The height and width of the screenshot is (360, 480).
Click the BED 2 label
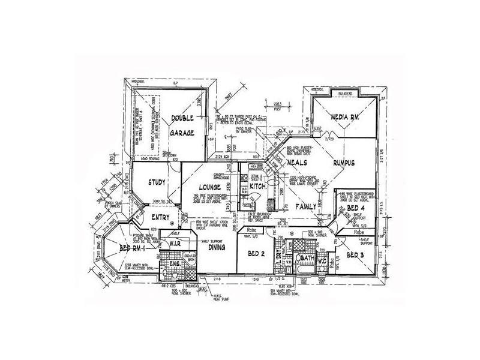coord(256,254)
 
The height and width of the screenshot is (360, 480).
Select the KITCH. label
coord(258,187)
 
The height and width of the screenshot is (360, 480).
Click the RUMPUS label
coord(345,163)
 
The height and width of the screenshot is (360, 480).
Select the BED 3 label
coord(355,254)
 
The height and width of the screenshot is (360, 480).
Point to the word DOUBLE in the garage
coord(181,118)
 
